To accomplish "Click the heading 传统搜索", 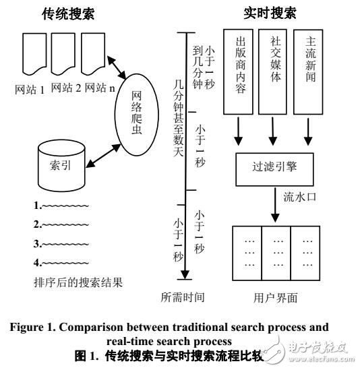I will (69, 13).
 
